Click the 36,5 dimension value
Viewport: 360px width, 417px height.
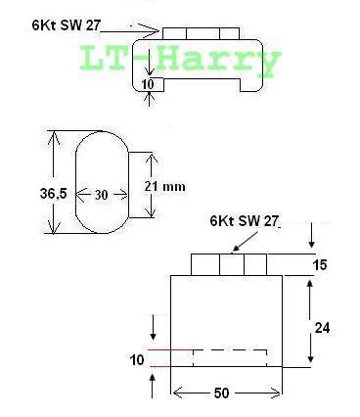tap(53, 194)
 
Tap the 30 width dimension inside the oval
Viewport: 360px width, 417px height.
tap(101, 195)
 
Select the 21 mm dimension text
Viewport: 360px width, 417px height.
tap(164, 187)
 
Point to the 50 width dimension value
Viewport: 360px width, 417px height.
tap(221, 394)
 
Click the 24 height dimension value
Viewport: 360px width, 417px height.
tap(322, 328)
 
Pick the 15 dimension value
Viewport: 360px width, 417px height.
tap(320, 264)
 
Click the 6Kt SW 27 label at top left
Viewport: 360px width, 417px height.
tap(66, 25)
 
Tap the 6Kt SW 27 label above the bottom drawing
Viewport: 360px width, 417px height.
tap(245, 221)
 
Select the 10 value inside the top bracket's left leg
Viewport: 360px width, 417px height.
tap(148, 84)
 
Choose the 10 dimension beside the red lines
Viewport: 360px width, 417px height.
tap(137, 360)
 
